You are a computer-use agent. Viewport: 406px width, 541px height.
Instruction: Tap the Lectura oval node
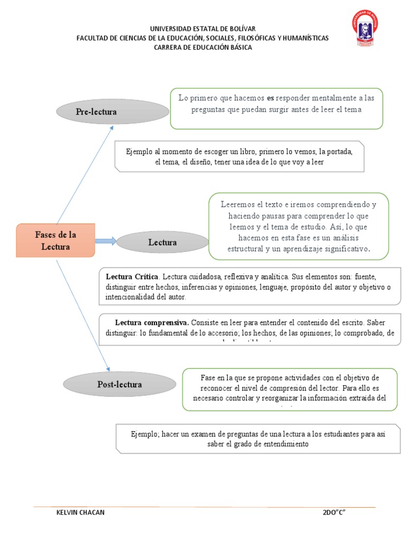tap(162, 242)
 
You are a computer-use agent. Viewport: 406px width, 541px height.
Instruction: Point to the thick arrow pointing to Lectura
tap(106, 241)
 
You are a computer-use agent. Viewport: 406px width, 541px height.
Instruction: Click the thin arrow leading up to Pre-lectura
tap(85, 174)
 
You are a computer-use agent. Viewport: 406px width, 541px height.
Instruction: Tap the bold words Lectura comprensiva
tap(152, 322)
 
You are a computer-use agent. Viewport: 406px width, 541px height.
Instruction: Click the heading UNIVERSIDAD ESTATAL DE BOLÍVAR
tap(202, 29)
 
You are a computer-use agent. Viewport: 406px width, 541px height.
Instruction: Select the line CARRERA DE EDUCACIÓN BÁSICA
tap(202, 47)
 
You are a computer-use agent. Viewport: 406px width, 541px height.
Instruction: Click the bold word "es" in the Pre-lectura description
tap(271, 98)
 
